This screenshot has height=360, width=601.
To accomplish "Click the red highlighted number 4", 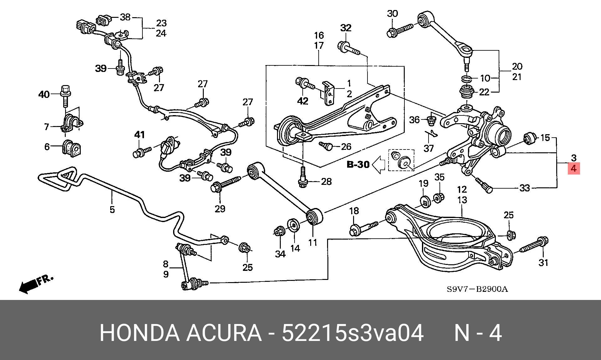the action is (573, 169).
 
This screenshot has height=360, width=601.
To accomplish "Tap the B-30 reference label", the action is (358, 164).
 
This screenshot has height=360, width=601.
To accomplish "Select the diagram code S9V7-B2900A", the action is (477, 289).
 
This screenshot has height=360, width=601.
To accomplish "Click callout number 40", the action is (44, 94).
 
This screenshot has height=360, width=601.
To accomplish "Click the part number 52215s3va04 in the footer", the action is (353, 333).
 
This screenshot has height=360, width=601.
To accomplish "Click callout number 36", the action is (414, 120).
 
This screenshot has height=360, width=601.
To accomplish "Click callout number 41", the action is (140, 135).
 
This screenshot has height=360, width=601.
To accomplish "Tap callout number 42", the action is (303, 101).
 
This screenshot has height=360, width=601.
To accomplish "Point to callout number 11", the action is (313, 242).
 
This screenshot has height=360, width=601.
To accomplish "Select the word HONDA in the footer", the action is (140, 333).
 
